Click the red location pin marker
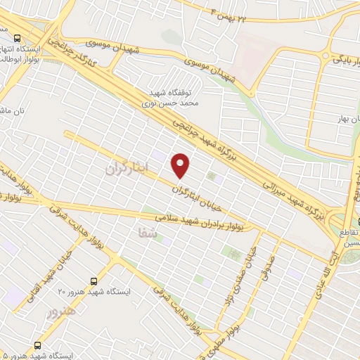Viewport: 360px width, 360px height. click(x=181, y=165)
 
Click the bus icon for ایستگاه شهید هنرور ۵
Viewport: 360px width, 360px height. click(x=37, y=346)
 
